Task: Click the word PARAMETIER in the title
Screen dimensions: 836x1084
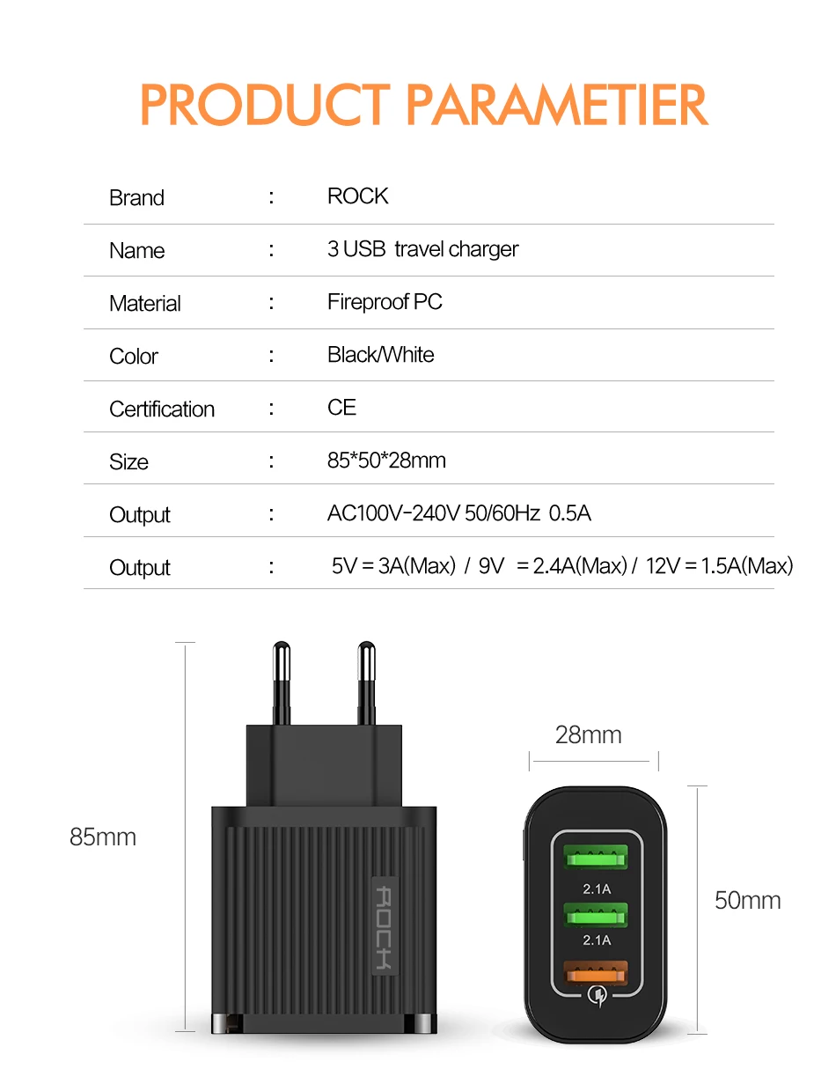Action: [x=557, y=107]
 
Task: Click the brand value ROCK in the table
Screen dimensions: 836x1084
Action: [x=357, y=195]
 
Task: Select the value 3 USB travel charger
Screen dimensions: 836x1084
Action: [x=422, y=249]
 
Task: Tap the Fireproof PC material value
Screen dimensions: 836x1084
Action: [x=385, y=302]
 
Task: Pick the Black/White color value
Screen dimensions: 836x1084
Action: [x=380, y=355]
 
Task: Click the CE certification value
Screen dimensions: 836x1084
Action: [x=341, y=407]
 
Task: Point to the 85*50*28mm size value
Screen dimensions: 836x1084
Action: [x=386, y=461]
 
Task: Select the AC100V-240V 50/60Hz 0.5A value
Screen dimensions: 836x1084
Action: [x=458, y=513]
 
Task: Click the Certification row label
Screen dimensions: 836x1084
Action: [x=162, y=409]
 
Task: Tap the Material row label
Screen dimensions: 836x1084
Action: [x=145, y=304]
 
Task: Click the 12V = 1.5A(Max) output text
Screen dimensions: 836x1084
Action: [x=719, y=566]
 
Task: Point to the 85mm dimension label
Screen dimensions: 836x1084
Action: [x=103, y=837]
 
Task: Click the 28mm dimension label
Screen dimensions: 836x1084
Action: [x=588, y=735]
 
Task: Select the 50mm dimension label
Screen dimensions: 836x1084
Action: [x=747, y=900]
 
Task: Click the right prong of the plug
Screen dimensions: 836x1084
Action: [x=367, y=682]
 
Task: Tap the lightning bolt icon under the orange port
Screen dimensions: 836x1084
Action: [x=596, y=996]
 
